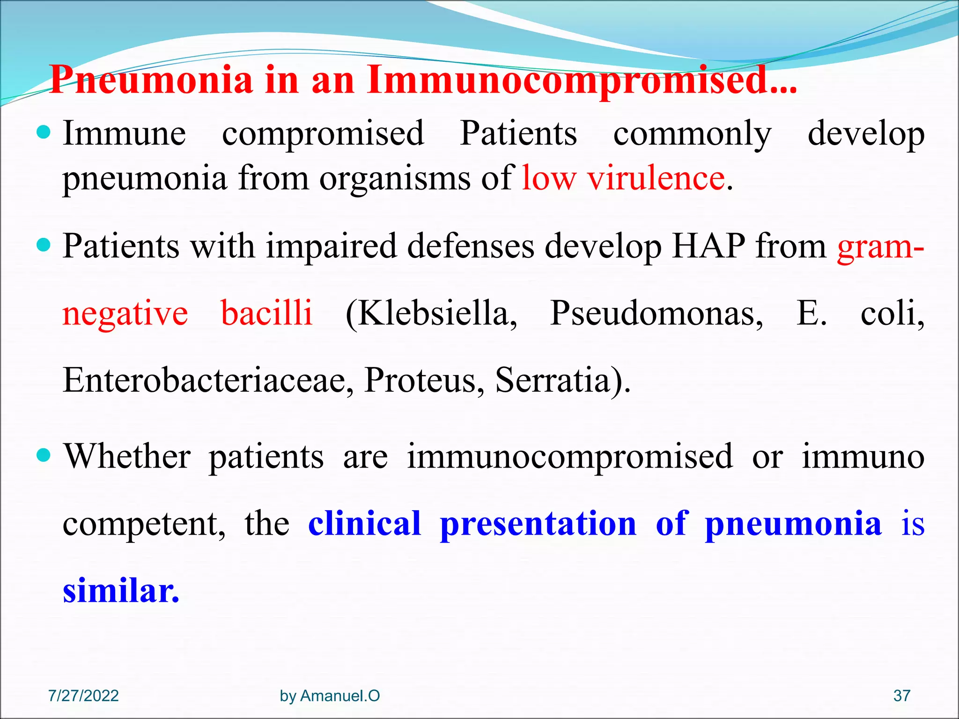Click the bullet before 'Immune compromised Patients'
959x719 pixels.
(x=43, y=133)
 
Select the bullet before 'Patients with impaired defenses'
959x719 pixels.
(x=43, y=245)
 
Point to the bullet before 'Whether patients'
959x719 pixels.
(x=43, y=455)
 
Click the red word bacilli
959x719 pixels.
(x=266, y=313)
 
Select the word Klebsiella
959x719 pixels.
(x=432, y=314)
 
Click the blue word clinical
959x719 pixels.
(x=365, y=524)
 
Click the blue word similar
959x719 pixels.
(x=121, y=591)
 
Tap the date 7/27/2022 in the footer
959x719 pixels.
(x=83, y=696)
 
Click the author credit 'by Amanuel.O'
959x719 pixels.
(x=330, y=696)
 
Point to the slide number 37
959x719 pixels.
(x=901, y=696)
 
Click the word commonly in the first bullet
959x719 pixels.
(x=692, y=134)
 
